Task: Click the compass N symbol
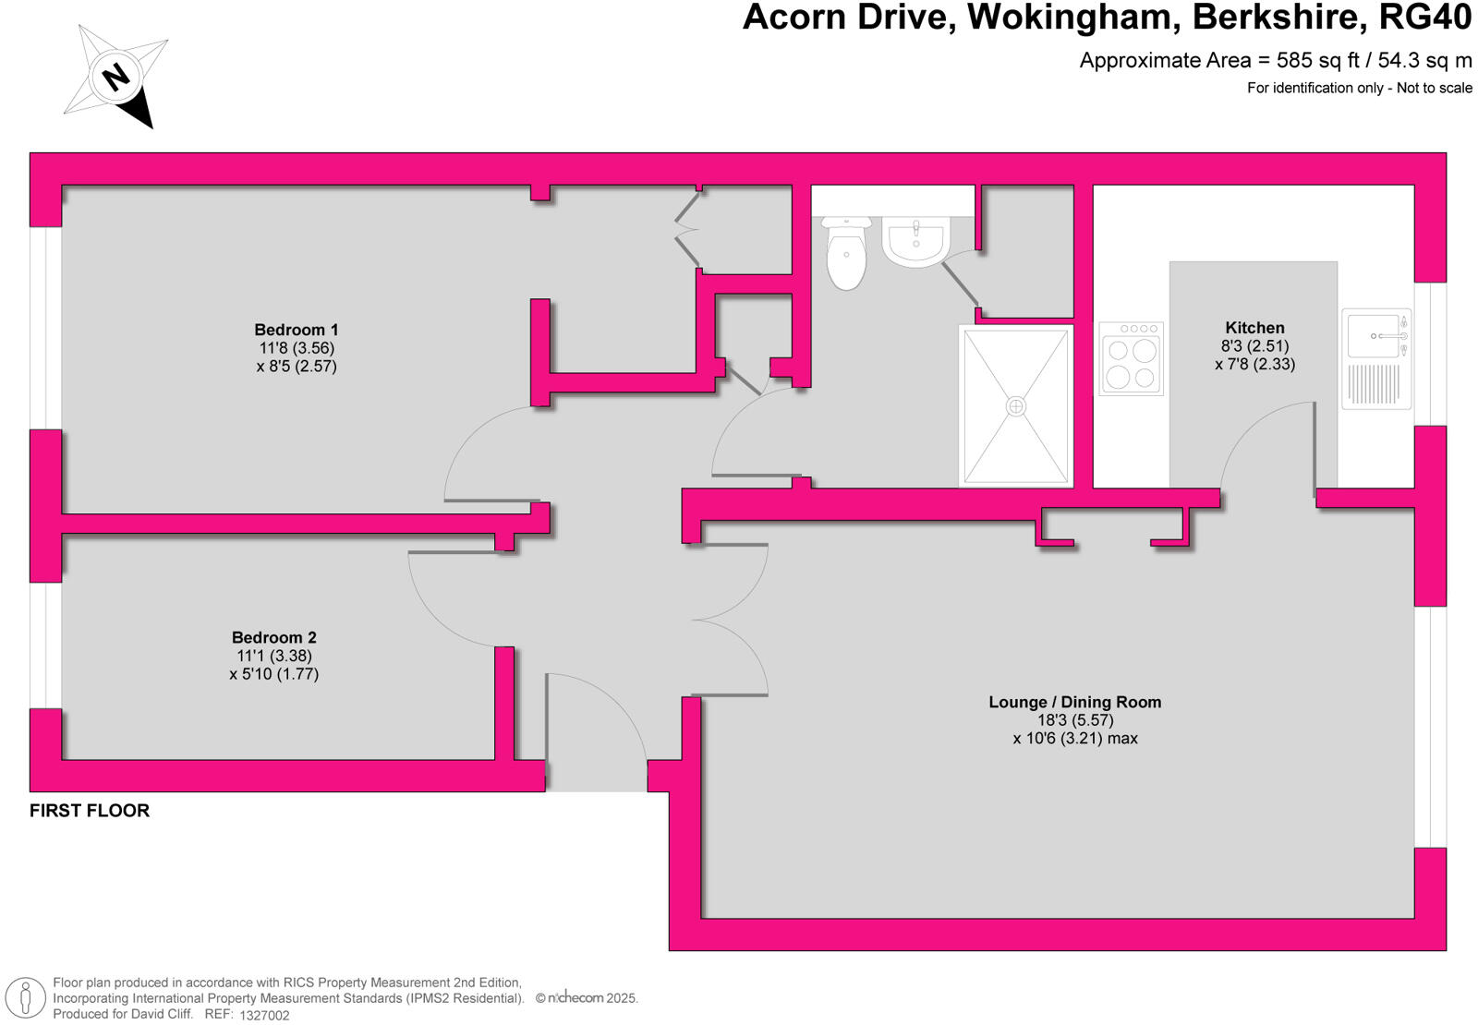coord(116,76)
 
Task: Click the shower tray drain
coord(1016,406)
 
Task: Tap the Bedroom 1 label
coord(297,330)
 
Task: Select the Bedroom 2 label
coord(274,637)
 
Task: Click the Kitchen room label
coord(1254,328)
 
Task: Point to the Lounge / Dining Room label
coord(1075,702)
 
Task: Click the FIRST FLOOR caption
coord(90,811)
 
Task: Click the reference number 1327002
coord(264,1015)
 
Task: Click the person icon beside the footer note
coord(26,998)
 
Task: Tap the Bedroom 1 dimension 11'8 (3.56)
coord(297,348)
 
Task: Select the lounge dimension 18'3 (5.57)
coord(1075,720)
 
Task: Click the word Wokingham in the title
coord(1072,18)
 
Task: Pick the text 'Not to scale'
coord(1435,88)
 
